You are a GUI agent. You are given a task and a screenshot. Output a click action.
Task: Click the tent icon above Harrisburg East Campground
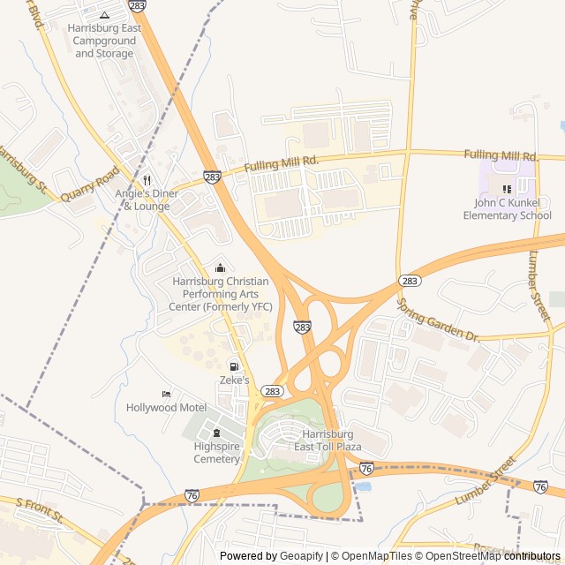click(x=104, y=14)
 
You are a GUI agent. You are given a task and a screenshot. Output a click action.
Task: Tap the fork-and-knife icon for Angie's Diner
click(x=147, y=179)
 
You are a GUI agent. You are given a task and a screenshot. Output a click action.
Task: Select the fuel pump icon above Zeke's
click(x=234, y=366)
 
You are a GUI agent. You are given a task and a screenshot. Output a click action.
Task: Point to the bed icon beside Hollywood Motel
click(x=166, y=394)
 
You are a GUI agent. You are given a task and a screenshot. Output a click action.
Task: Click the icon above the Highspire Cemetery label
click(x=216, y=432)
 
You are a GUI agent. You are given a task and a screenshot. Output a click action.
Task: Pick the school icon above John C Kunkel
click(x=507, y=188)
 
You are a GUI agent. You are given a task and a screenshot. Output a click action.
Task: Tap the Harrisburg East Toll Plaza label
click(x=328, y=441)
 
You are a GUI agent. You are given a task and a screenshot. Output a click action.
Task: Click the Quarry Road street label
click(x=89, y=185)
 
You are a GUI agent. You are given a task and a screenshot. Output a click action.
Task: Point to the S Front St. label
click(x=41, y=510)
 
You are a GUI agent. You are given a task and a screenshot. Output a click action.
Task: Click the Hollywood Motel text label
click(x=166, y=407)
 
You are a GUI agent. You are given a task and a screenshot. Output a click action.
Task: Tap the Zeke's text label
click(x=234, y=380)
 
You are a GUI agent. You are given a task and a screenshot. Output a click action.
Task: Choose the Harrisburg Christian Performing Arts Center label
click(x=220, y=294)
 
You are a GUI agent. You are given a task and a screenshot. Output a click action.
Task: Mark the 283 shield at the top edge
click(x=137, y=5)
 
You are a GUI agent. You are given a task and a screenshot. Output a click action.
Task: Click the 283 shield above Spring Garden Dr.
click(x=409, y=281)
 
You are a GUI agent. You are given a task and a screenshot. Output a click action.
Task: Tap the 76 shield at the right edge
click(x=540, y=486)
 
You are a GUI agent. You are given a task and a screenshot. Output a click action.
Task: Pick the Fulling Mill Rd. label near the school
click(x=501, y=155)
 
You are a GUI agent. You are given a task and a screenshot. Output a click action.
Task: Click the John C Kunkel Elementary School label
click(x=507, y=209)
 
